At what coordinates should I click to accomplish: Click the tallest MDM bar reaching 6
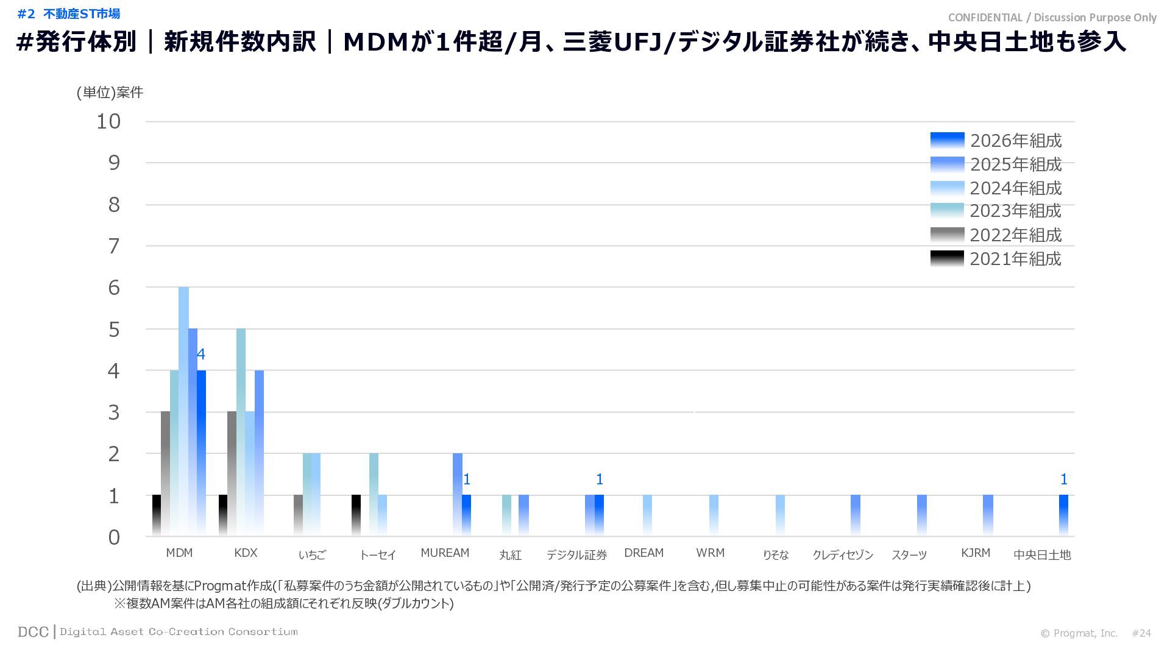pos(183,411)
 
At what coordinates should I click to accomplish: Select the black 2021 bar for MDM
pos(157,515)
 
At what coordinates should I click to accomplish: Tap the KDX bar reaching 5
pos(241,433)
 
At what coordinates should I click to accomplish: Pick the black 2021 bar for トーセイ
pos(356,515)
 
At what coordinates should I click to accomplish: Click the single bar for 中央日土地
pos(1063,515)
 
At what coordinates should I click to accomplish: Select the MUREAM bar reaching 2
pos(458,495)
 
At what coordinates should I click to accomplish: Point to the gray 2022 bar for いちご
pos(298,515)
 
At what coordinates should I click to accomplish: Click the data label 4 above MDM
pos(201,354)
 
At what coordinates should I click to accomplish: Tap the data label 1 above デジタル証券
pos(600,479)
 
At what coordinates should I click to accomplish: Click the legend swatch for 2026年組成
pos(947,141)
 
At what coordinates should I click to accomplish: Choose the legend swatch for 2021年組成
pos(947,259)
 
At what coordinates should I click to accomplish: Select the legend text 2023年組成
pos(1015,211)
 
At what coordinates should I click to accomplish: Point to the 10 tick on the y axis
pos(109,121)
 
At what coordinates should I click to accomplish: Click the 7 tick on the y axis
pos(114,246)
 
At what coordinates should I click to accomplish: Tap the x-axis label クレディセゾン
pos(843,554)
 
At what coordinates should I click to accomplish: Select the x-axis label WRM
pos(711,553)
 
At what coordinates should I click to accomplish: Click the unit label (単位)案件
pos(110,92)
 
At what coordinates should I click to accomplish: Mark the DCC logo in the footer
pos(33,632)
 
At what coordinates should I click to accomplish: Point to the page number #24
pos(1141,633)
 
